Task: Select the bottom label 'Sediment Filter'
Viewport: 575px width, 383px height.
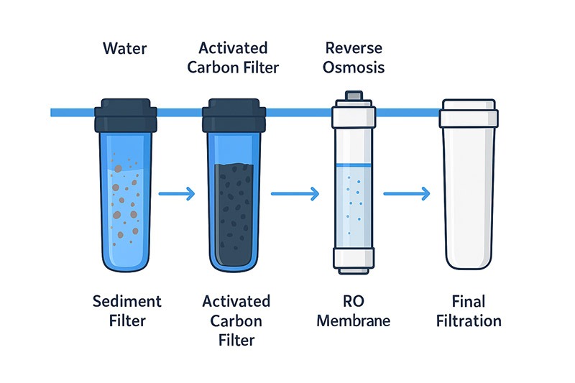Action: coord(127,310)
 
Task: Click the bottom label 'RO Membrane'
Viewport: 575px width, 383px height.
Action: coord(353,310)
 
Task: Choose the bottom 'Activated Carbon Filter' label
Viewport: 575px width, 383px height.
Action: coord(236,319)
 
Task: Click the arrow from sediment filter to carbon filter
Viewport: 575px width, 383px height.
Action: coord(177,193)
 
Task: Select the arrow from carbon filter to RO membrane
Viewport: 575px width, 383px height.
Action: coord(294,193)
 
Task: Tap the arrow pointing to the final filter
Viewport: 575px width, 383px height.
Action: coord(407,193)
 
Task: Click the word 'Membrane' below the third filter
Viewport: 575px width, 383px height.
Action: coord(353,320)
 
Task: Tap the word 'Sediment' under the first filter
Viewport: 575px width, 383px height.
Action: coord(127,300)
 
